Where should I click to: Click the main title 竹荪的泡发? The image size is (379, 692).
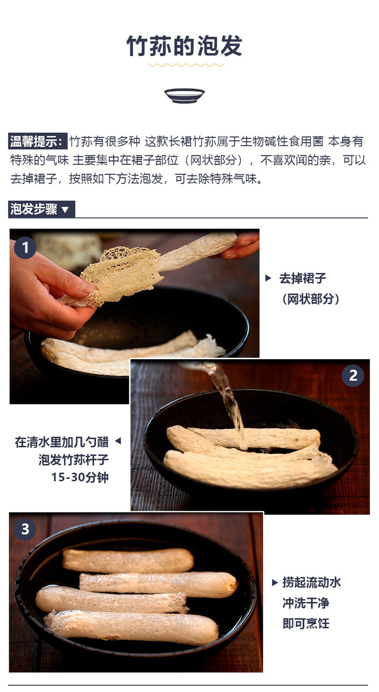[184, 46]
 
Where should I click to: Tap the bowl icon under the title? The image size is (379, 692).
[184, 95]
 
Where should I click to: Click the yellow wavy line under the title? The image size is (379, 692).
[186, 65]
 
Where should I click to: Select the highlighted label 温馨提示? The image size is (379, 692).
[37, 142]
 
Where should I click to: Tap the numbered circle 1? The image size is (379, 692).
[25, 248]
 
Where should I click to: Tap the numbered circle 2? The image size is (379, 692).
[353, 376]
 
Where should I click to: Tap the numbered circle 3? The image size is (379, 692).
[25, 529]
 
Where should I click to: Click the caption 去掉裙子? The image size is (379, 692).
[303, 278]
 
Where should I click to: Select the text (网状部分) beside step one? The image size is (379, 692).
[310, 299]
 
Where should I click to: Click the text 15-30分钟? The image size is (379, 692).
[80, 477]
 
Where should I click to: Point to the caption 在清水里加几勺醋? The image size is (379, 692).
[62, 442]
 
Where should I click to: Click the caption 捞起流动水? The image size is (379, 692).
[312, 582]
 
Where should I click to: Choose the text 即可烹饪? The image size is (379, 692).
[306, 624]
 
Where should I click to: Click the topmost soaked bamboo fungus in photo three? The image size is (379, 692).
[128, 560]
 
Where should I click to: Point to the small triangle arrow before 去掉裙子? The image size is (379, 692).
[268, 278]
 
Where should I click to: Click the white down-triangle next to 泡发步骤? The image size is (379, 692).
[65, 210]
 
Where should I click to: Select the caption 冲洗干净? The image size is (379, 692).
[306, 603]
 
